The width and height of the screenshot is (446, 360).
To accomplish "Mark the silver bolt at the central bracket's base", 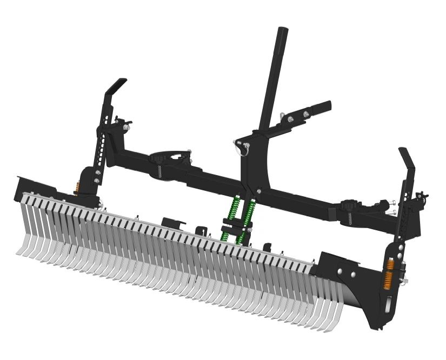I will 259,190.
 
